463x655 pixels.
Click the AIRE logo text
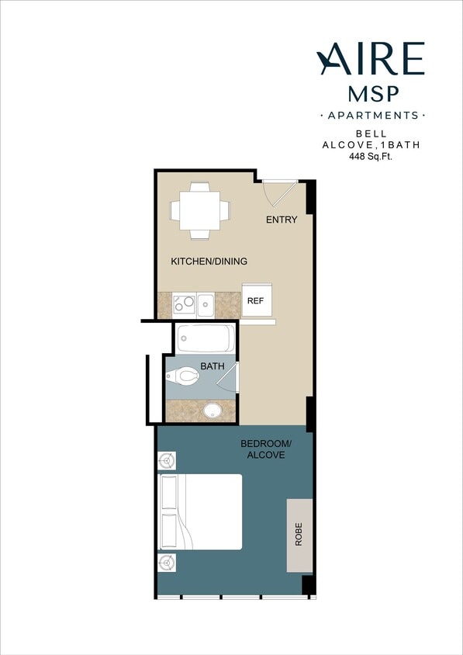tap(371, 59)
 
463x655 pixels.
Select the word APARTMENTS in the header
tap(372, 116)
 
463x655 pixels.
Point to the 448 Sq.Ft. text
tap(371, 156)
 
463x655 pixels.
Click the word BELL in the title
tap(371, 133)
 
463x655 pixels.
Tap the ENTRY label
tap(282, 220)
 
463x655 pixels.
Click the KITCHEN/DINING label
tap(209, 262)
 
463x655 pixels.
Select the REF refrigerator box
tap(255, 300)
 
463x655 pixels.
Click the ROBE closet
tap(300, 536)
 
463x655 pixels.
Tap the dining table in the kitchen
tap(199, 210)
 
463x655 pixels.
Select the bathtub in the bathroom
tap(206, 339)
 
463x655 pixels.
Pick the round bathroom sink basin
tap(213, 411)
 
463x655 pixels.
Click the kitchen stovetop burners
tap(184, 303)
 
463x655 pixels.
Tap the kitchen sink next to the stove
tap(206, 303)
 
